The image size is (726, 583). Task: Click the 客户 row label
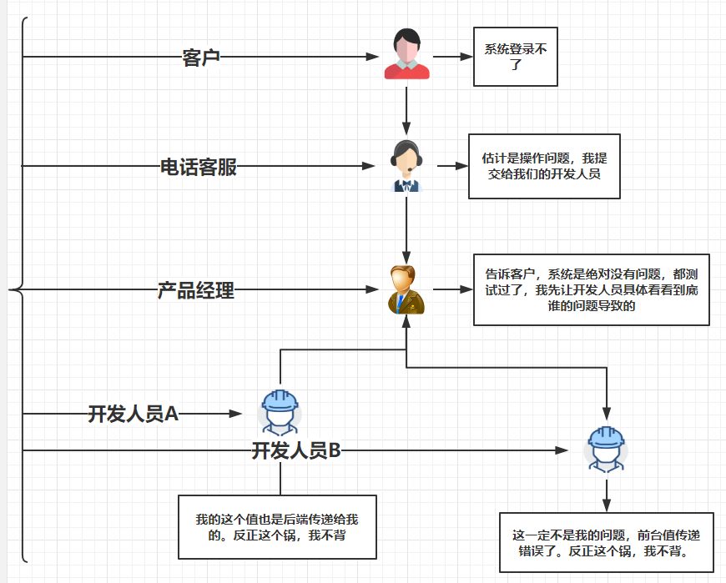pos(201,58)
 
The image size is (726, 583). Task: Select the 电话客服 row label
pos(199,167)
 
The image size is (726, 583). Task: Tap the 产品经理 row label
pos(196,291)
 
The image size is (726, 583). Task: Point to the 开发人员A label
pos(134,414)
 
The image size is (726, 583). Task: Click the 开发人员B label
pos(296,451)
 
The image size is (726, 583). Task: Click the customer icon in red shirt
pos(406,55)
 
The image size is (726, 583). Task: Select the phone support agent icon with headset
pos(406,166)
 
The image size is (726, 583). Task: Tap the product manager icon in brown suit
pos(406,290)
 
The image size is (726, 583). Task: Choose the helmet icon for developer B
pos(606,450)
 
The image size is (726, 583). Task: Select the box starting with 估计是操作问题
pos(544,166)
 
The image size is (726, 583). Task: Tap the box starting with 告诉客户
pos(591,289)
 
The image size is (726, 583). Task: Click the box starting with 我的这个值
pos(277,527)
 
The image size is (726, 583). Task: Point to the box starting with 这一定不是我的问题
pos(606,542)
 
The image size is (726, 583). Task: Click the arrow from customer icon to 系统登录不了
pos(452,58)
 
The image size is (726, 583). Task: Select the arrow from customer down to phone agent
pos(406,108)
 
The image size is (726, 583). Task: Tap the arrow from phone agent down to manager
pos(406,229)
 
